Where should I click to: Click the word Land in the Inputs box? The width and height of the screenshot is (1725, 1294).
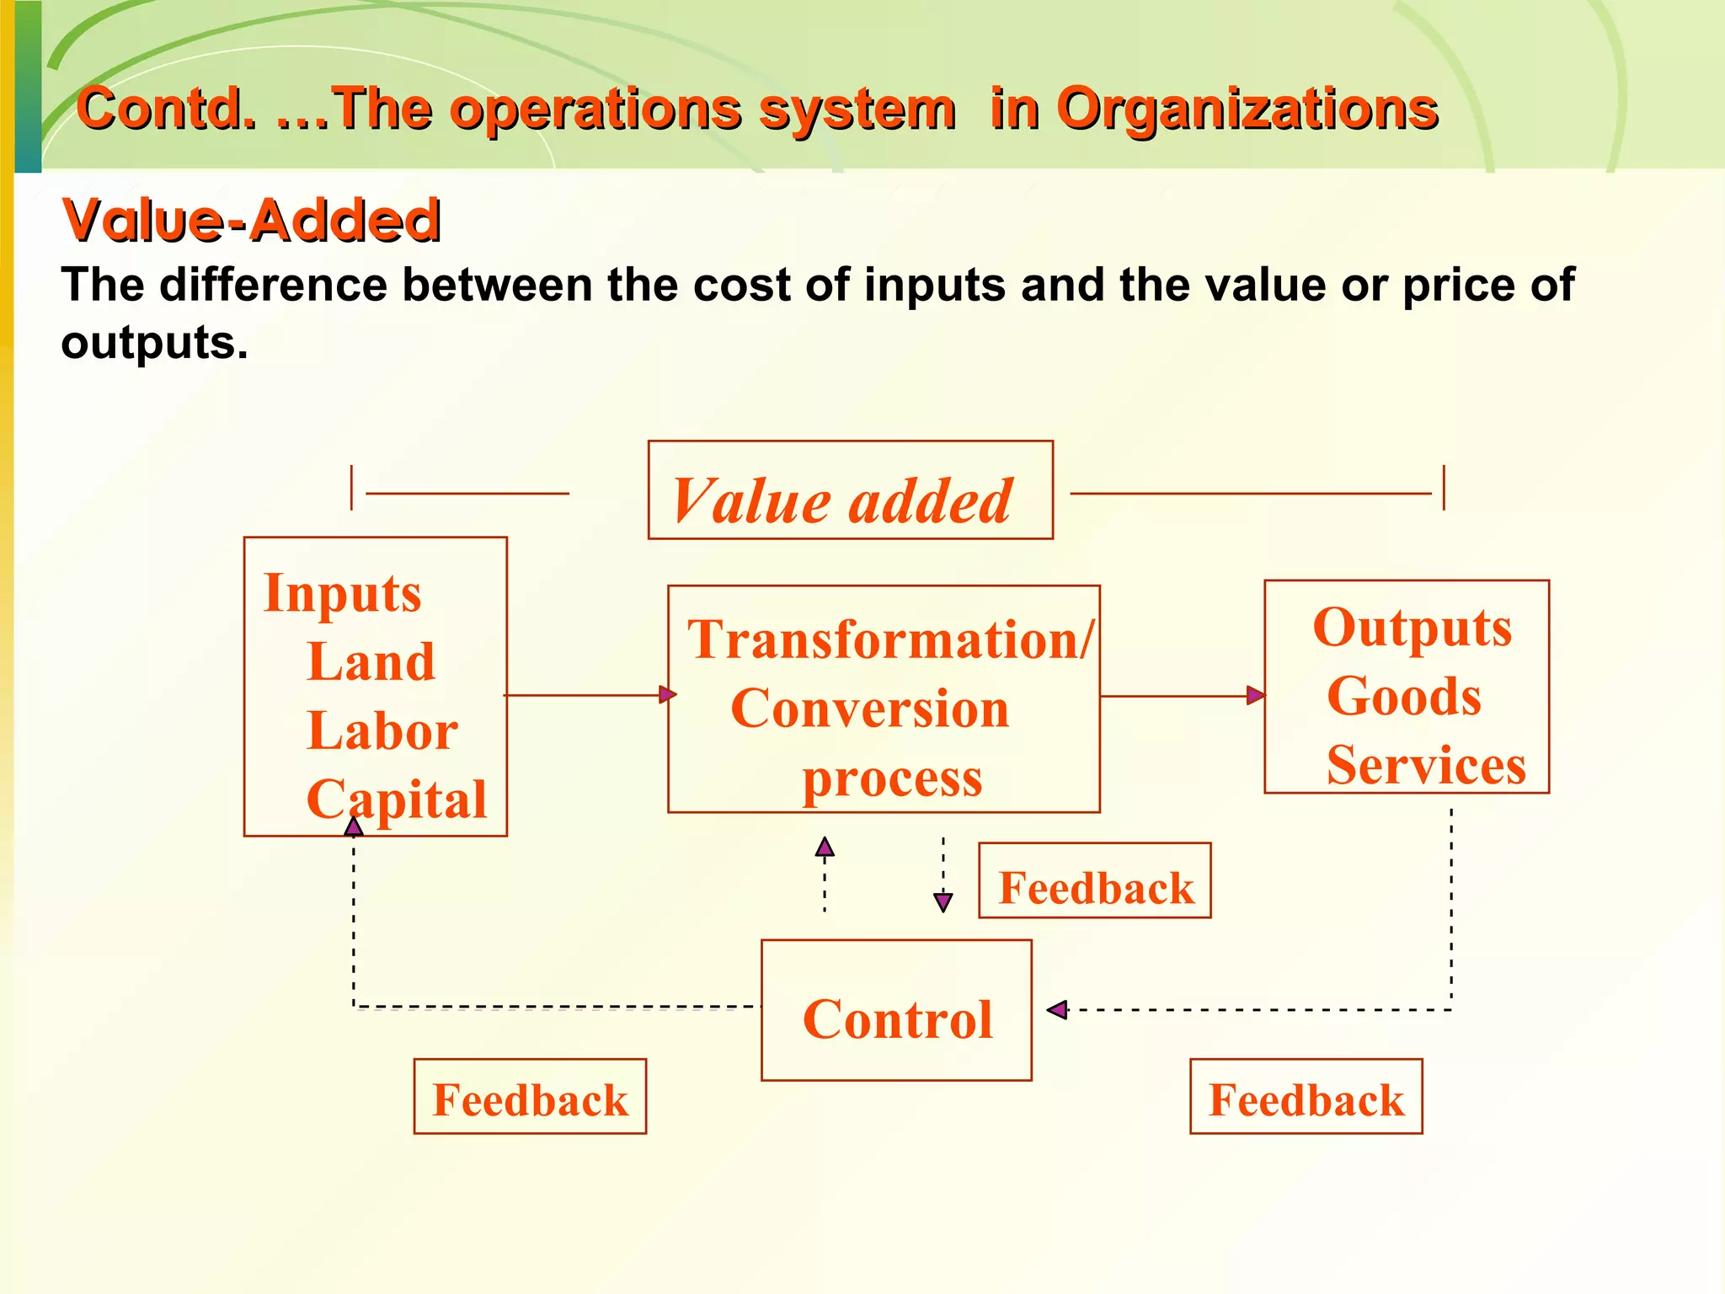371,661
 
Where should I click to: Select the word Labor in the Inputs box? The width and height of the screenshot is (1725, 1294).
382,730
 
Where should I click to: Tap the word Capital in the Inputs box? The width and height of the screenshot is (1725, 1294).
397,799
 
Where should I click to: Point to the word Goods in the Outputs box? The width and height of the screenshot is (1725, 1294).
1404,697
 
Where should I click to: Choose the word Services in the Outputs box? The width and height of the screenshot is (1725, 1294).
1426,765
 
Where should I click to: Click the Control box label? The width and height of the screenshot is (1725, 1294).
897,1019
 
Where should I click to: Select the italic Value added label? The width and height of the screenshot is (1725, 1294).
842,501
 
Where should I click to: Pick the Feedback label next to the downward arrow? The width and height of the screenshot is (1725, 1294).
1096,888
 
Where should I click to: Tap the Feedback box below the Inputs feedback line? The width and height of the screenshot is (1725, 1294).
530,1099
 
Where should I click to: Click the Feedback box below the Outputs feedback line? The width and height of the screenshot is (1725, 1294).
1306,1099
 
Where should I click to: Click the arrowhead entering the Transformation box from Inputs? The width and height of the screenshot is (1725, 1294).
667,694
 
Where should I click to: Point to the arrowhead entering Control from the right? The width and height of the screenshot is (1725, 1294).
1057,1009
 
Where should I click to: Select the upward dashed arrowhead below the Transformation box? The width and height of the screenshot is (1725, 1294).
825,847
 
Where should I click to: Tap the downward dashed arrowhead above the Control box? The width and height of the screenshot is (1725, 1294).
943,902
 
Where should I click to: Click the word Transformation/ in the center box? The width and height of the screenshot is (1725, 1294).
890,639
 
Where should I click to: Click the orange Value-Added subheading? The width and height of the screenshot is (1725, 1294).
251,221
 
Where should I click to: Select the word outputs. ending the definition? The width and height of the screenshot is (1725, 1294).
155,342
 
